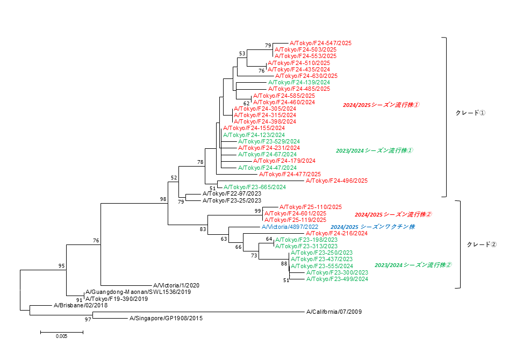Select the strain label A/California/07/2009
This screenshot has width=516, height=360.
[333, 312]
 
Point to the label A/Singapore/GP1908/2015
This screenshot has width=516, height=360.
[166, 318]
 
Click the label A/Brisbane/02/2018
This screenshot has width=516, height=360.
[81, 305]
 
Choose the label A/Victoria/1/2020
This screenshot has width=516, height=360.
[176, 285]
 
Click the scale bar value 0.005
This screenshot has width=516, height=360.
[62, 337]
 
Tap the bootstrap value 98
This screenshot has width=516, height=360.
[163, 199]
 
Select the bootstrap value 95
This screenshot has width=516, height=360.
[62, 266]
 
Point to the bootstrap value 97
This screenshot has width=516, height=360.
[88, 319]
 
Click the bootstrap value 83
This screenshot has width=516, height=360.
[203, 229]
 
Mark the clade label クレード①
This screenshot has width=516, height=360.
[470, 113]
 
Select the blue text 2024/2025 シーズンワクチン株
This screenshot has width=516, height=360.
[372, 227]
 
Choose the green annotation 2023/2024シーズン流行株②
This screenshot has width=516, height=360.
[413, 265]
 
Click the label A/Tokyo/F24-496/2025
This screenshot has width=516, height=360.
[336, 181]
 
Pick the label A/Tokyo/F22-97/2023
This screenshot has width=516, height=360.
[232, 193]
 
